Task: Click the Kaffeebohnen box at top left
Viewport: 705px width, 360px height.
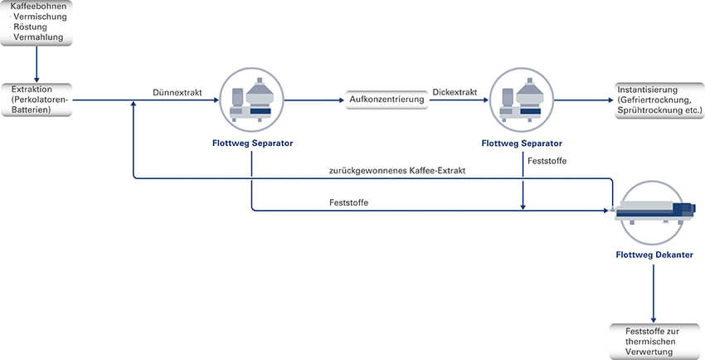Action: pos(37,22)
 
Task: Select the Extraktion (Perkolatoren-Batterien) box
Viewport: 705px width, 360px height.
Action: pos(37,99)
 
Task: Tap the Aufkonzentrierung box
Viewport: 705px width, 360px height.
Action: pos(386,100)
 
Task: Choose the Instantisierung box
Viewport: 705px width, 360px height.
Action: pos(653,100)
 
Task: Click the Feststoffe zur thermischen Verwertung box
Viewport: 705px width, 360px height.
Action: pos(654,342)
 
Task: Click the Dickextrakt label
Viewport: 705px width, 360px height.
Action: pos(455,92)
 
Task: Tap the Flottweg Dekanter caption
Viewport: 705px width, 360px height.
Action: pos(654,255)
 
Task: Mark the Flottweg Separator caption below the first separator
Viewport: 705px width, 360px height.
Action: pos(251,143)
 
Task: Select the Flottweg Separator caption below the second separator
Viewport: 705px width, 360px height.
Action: pos(523,143)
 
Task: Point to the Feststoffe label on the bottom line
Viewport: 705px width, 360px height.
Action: pos(348,202)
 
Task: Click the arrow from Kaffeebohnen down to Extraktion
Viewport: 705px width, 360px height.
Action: pos(37,63)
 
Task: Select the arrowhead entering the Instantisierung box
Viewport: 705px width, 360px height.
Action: pos(609,100)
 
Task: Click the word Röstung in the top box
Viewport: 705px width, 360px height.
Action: pos(31,27)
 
